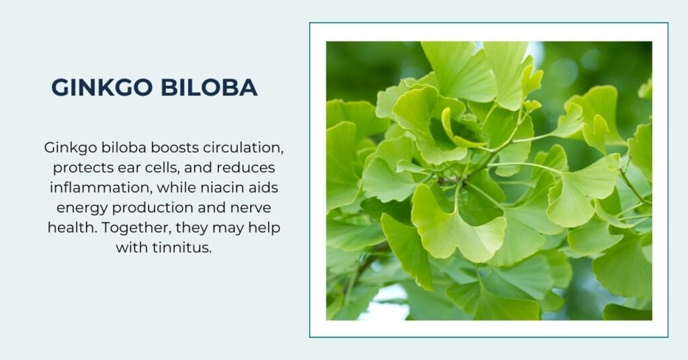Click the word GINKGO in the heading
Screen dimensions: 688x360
102,87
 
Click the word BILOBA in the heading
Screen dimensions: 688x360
209,87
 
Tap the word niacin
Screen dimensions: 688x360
218,187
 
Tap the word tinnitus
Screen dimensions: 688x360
182,248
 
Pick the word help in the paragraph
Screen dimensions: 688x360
264,228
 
